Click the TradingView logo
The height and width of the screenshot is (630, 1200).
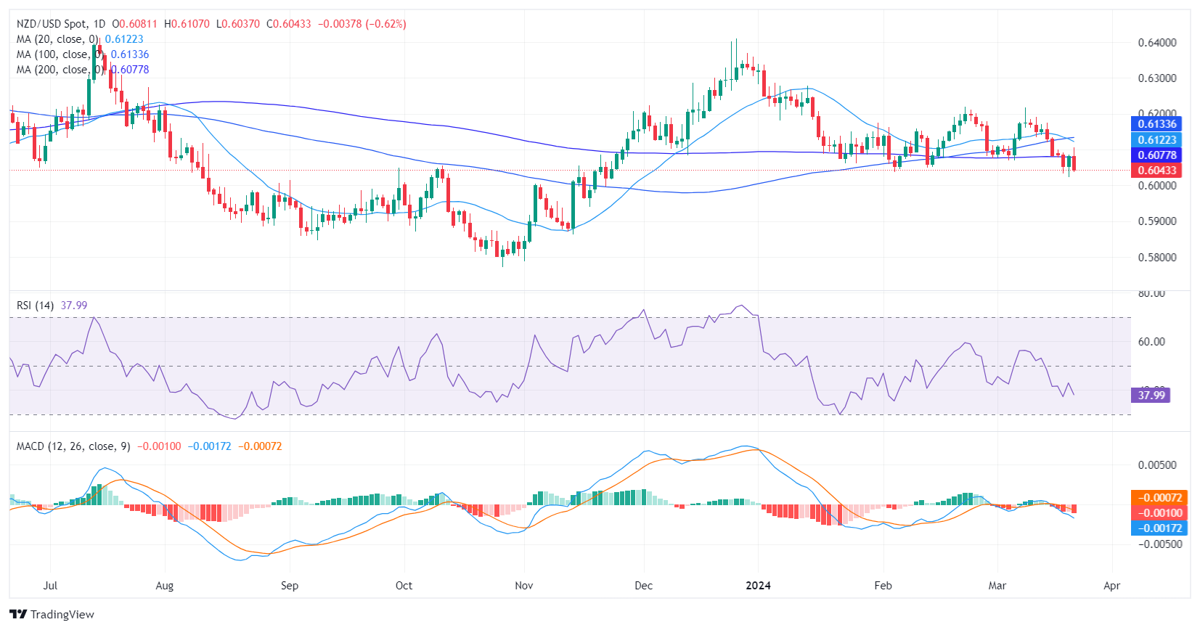[x=52, y=614]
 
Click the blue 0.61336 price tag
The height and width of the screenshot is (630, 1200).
[x=1156, y=124]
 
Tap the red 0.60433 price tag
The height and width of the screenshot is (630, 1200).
[x=1156, y=171]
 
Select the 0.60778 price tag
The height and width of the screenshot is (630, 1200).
[x=1156, y=155]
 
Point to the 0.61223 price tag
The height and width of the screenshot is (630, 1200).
[x=1156, y=140]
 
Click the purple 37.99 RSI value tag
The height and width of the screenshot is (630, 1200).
[x=1151, y=396]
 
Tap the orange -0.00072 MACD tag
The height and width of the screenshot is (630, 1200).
[x=1159, y=498]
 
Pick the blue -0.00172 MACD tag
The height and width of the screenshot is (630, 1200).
[x=1159, y=528]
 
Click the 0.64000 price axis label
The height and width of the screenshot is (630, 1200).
[x=1157, y=43]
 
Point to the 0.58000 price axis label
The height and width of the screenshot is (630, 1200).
[x=1157, y=257]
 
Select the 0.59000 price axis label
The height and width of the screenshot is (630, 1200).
[x=1157, y=221]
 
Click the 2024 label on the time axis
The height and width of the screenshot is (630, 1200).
[x=758, y=586]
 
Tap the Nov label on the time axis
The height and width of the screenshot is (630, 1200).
[x=523, y=586]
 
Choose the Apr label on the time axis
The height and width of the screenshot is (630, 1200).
[x=1111, y=586]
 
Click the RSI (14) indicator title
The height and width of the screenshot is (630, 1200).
[x=35, y=306]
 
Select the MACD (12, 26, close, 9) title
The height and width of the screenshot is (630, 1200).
[x=73, y=446]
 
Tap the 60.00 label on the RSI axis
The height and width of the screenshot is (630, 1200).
[x=1151, y=342]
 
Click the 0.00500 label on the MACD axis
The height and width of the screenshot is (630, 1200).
[x=1156, y=465]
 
